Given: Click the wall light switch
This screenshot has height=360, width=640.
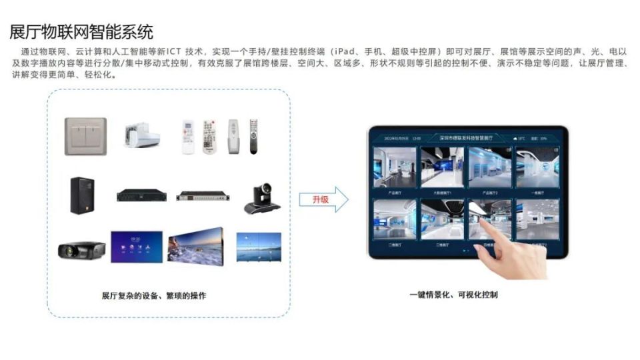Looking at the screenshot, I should pyautogui.click(x=85, y=136).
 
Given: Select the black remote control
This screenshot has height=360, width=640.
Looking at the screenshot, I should pyautogui.click(x=253, y=136).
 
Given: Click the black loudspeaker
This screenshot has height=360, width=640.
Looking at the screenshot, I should pyautogui.click(x=83, y=195).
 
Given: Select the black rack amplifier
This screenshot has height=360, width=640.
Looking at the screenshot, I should pyautogui.click(x=141, y=195).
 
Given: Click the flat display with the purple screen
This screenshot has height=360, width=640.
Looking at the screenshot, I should pyautogui.click(x=136, y=246).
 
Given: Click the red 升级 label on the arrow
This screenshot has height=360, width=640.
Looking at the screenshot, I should pyautogui.click(x=321, y=199).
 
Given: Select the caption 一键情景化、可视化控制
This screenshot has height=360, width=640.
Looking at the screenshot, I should pyautogui.click(x=453, y=294).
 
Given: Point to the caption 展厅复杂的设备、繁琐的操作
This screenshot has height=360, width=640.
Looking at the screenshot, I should pyautogui.click(x=154, y=295).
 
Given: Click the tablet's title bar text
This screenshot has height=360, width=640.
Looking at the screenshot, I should pyautogui.click(x=466, y=138).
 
